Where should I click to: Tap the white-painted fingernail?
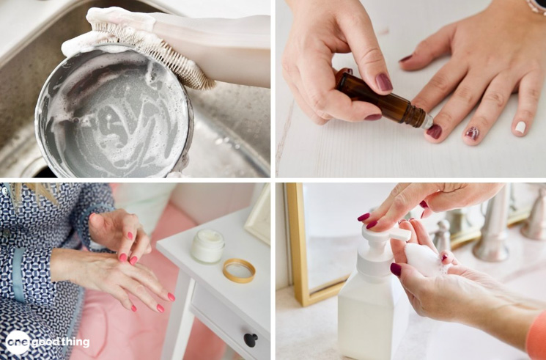pyautogui.click(x=520, y=127)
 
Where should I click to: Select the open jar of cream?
pyautogui.click(x=208, y=246)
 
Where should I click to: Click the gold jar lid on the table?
pyautogui.click(x=239, y=271)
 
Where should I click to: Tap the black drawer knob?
pyautogui.click(x=251, y=339)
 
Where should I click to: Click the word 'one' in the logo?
pyautogui.click(x=17, y=342)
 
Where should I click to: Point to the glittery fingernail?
pyautogui.click(x=472, y=133)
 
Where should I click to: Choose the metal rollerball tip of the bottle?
pyautogui.click(x=429, y=122)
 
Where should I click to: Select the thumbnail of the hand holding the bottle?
pyautogui.click(x=383, y=82)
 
